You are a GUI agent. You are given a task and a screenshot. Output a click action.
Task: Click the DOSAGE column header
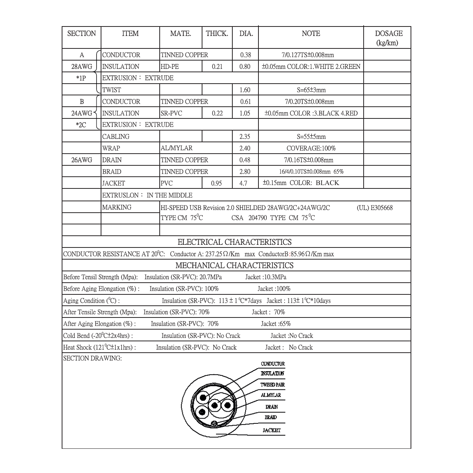coord(389,37)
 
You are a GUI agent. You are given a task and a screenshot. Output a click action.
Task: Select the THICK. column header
coord(217,34)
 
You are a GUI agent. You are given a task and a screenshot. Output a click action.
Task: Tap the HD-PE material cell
coord(170,67)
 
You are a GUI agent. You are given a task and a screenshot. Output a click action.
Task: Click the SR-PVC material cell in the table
coord(171,113)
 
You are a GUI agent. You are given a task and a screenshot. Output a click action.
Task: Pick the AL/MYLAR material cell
coord(176,148)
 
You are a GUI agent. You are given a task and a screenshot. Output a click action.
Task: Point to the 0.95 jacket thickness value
coord(217,184)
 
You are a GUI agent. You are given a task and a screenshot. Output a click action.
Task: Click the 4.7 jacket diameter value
coord(243,184)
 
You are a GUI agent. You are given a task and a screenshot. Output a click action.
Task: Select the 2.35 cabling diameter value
coord(244,137)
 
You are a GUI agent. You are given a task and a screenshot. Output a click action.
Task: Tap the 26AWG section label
coord(82,160)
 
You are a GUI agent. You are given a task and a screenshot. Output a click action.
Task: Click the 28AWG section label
coord(82,67)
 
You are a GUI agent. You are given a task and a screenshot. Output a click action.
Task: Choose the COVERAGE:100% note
coord(311,148)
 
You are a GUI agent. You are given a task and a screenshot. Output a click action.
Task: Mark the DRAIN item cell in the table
coord(112,160)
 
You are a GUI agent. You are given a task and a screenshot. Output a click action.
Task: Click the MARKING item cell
coord(117,207)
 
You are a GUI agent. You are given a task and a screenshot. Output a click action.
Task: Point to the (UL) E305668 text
coord(375,208)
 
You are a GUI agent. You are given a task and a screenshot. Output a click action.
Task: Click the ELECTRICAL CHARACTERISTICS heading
coord(235,242)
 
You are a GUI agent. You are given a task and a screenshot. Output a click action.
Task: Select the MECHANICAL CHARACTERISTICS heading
coord(235,266)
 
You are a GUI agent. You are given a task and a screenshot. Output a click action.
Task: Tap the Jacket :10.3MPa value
coord(266,277)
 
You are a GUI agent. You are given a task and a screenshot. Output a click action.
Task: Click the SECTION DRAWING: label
coord(92,358)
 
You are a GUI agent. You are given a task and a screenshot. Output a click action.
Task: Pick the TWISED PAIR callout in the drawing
coord(272,385)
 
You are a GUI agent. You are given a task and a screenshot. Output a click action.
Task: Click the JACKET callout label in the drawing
coord(272,430)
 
